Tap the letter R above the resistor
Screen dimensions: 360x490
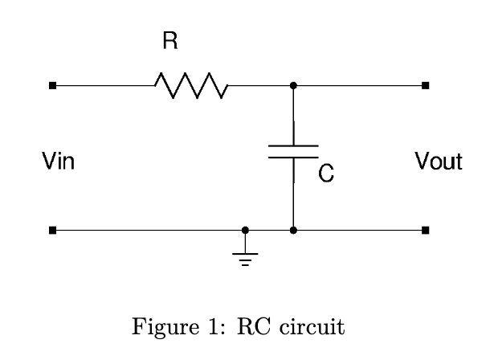pyautogui.click(x=169, y=42)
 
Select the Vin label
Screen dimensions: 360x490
pyautogui.click(x=59, y=162)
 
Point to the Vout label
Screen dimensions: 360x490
pyautogui.click(x=439, y=162)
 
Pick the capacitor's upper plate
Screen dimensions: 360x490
pyautogui.click(x=293, y=146)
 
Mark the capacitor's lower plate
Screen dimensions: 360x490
pyautogui.click(x=293, y=157)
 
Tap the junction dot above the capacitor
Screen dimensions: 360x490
pyautogui.click(x=293, y=85)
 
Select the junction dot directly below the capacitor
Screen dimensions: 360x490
pyautogui.click(x=293, y=231)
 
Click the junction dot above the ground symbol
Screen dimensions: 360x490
pyautogui.click(x=245, y=231)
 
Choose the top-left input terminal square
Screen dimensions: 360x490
pyautogui.click(x=52, y=85)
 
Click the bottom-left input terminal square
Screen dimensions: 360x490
pyautogui.click(x=52, y=231)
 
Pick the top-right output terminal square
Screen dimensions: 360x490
pyautogui.click(x=425, y=85)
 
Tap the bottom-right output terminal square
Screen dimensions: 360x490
pyautogui.click(x=425, y=231)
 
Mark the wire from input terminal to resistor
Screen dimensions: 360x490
pyautogui.click(x=104, y=85)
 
